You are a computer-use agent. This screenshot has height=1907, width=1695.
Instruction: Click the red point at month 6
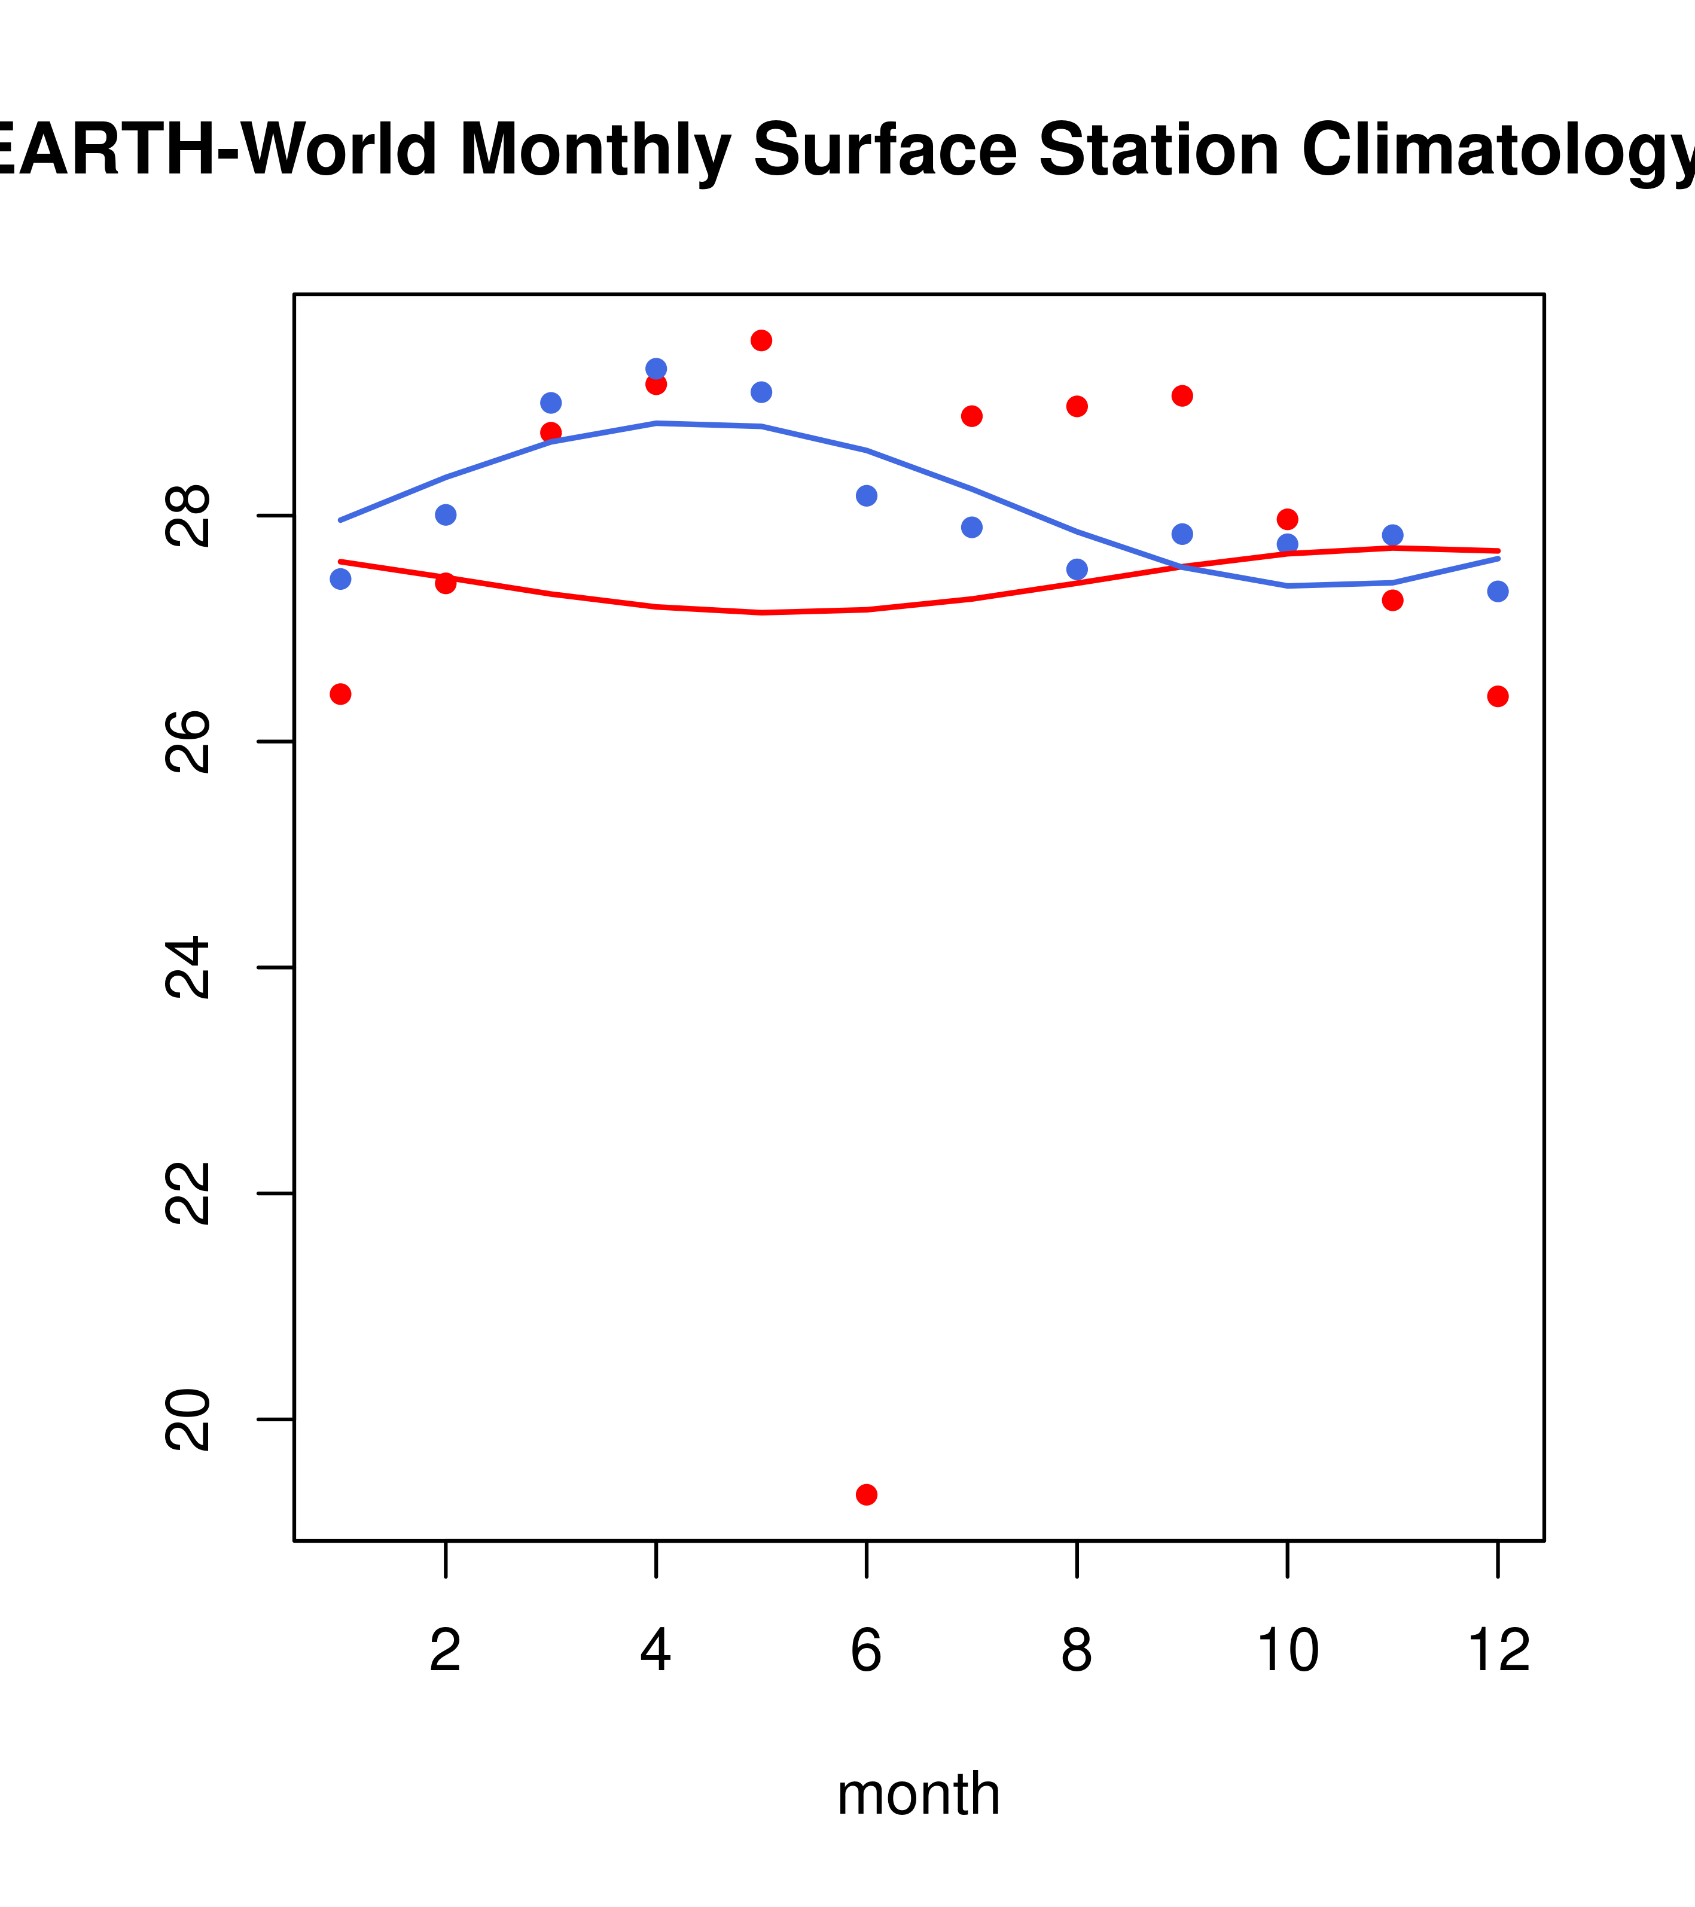867,1495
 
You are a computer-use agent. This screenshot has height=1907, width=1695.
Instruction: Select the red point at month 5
761,340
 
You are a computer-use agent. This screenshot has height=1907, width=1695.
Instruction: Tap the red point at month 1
340,694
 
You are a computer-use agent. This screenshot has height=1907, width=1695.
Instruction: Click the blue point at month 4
656,368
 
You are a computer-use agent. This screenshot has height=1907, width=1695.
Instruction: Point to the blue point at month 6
867,495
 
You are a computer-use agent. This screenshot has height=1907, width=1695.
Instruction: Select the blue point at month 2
446,515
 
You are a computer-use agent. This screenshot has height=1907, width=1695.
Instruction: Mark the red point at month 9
1182,395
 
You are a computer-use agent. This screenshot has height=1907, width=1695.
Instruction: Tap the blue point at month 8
1077,569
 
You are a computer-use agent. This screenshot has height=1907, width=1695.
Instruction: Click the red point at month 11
1393,601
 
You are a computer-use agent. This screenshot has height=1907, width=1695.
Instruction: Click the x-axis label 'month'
919,1793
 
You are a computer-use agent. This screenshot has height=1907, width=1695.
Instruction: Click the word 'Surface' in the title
885,150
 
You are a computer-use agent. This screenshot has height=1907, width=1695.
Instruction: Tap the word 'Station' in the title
1158,150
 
